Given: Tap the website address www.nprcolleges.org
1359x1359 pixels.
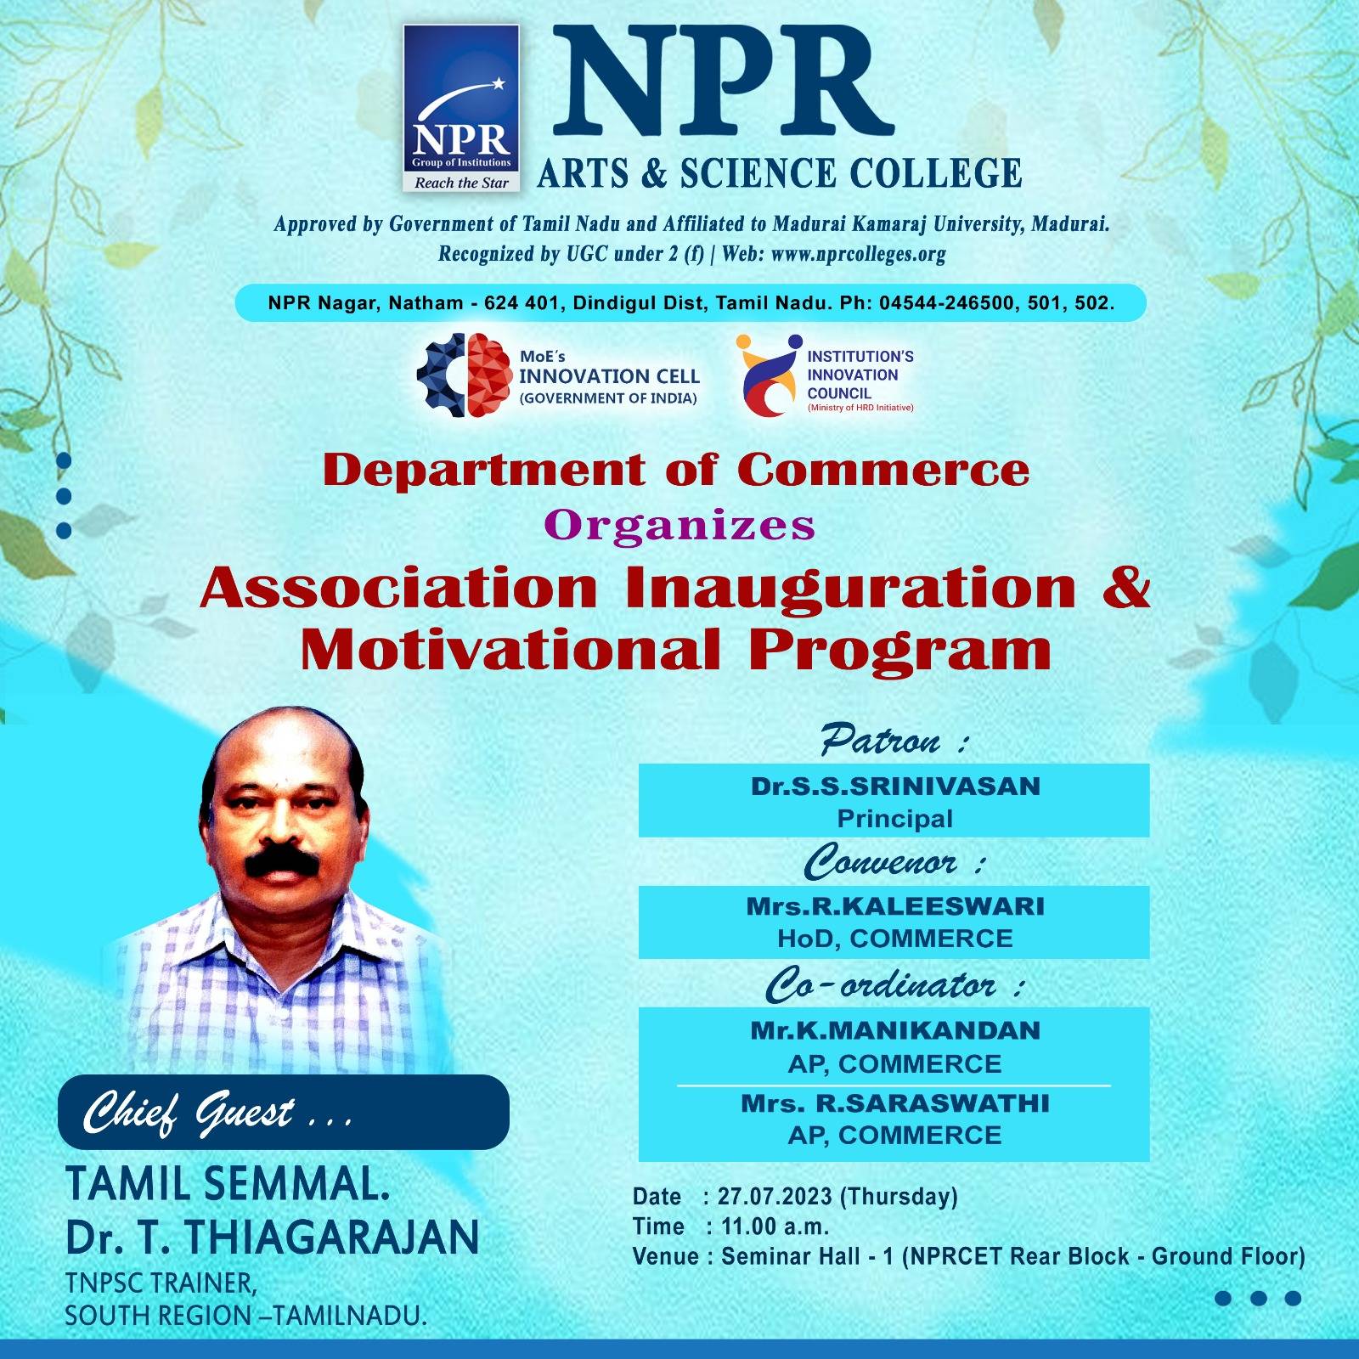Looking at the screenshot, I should coord(858,254).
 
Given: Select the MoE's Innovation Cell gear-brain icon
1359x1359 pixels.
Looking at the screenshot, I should coord(464,375).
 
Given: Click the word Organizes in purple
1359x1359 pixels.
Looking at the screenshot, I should coord(679,526).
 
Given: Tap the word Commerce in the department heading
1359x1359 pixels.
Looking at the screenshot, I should coord(883,471).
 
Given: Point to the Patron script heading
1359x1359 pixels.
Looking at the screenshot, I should coord(881,741).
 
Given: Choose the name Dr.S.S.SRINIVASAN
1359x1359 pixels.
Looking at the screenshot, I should coord(895,787).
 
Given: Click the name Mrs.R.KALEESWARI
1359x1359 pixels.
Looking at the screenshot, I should coord(895,906).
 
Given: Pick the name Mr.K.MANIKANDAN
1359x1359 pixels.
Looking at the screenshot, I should coord(895,1031).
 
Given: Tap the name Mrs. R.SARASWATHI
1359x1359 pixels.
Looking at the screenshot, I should coord(895,1103).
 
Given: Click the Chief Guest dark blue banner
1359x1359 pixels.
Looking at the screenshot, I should coord(283,1112).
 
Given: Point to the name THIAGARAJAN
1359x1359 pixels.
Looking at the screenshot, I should coord(331,1238).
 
